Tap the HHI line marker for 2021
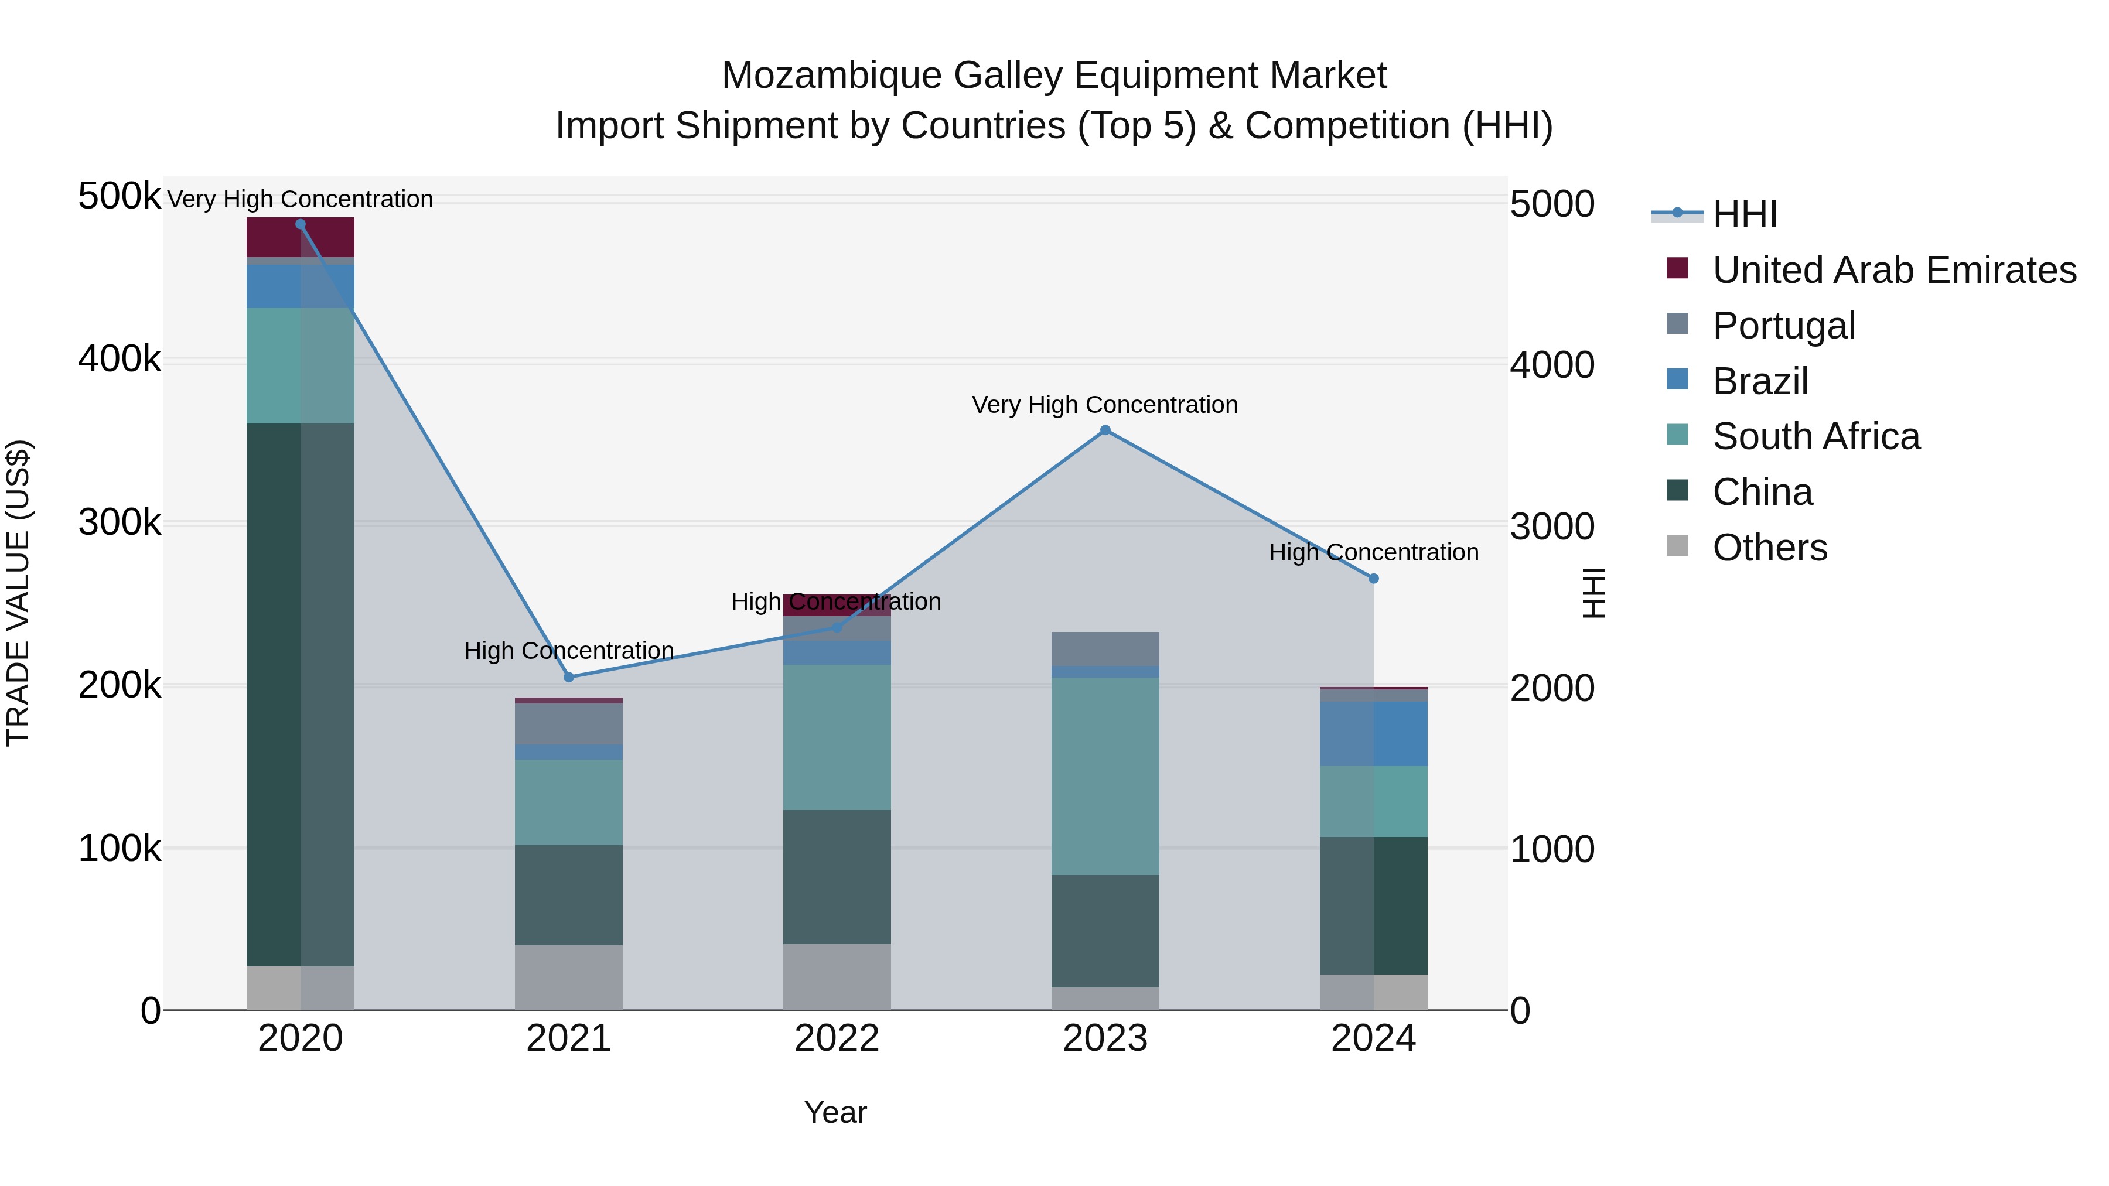point(569,677)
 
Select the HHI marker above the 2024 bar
point(1373,579)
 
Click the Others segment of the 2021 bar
point(568,977)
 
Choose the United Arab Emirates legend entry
point(1893,270)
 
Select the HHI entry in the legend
point(1744,214)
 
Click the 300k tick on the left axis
point(120,522)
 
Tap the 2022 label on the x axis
point(837,1038)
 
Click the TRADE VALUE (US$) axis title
point(18,593)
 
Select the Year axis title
point(835,1112)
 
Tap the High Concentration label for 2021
point(569,651)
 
